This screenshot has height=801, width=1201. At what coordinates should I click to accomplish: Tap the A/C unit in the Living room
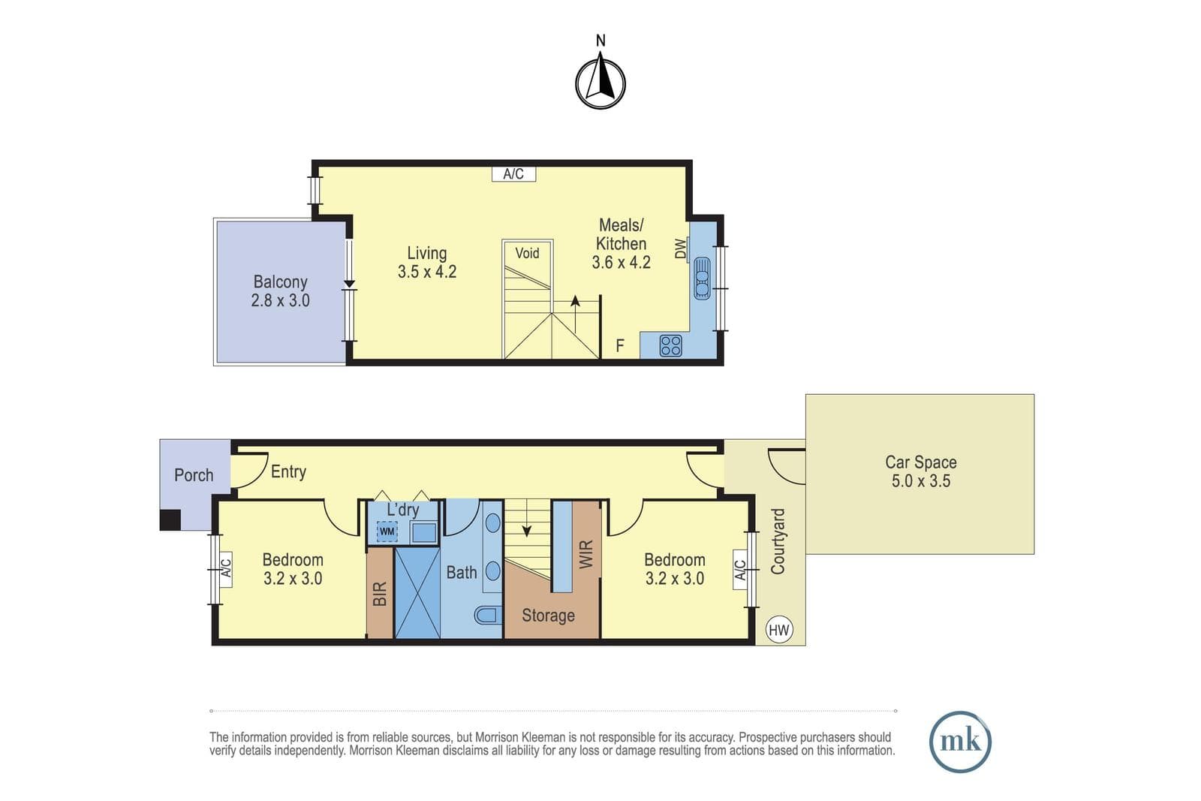513,173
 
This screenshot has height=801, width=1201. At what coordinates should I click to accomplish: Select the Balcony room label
281,291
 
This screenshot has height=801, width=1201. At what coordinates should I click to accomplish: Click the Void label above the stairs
527,253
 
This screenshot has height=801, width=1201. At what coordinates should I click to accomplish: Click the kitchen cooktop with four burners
671,346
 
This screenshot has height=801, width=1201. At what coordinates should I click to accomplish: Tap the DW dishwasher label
680,248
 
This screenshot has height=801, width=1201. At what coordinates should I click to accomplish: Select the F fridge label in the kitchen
620,346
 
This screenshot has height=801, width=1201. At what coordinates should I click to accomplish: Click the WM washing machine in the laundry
387,531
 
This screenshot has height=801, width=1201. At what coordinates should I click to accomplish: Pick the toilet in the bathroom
489,615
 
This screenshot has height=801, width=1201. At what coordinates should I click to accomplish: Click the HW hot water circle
779,629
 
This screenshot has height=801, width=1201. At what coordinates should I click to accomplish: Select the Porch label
194,475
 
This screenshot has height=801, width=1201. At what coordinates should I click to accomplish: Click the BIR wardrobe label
380,594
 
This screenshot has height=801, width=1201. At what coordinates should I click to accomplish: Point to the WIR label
586,554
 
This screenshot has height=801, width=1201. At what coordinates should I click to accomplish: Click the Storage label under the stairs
548,616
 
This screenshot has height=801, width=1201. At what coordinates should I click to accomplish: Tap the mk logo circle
960,742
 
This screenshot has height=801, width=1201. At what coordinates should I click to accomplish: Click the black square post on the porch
170,520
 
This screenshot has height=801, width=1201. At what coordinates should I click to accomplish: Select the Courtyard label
778,541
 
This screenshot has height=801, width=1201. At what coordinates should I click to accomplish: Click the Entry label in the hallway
288,471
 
